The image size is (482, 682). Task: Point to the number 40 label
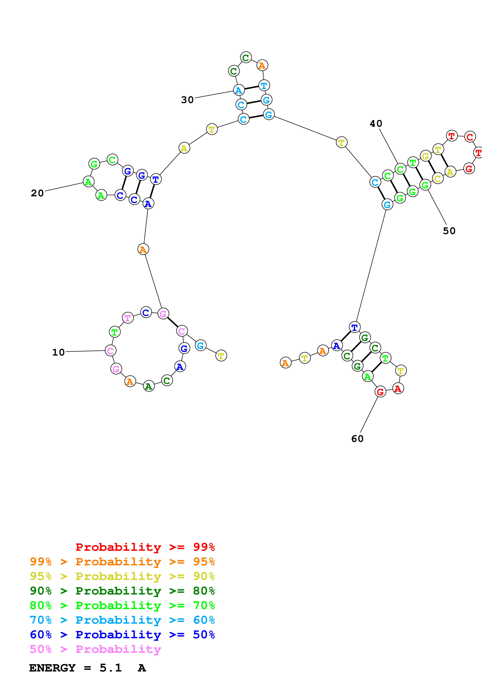(x=376, y=124)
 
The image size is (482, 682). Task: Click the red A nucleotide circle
(x=398, y=388)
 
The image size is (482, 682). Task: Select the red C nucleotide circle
(x=470, y=137)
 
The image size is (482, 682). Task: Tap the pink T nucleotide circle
(x=128, y=318)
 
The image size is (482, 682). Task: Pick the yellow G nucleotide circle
(x=426, y=156)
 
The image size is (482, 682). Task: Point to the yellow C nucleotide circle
(x=438, y=178)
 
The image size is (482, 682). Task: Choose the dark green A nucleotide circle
(x=149, y=386)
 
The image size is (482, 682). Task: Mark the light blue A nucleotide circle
(x=239, y=90)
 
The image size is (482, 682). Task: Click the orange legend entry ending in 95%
(x=122, y=561)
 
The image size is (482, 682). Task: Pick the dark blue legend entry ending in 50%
(x=122, y=635)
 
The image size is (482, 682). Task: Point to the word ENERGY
(x=52, y=668)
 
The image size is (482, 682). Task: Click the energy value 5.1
(x=110, y=668)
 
